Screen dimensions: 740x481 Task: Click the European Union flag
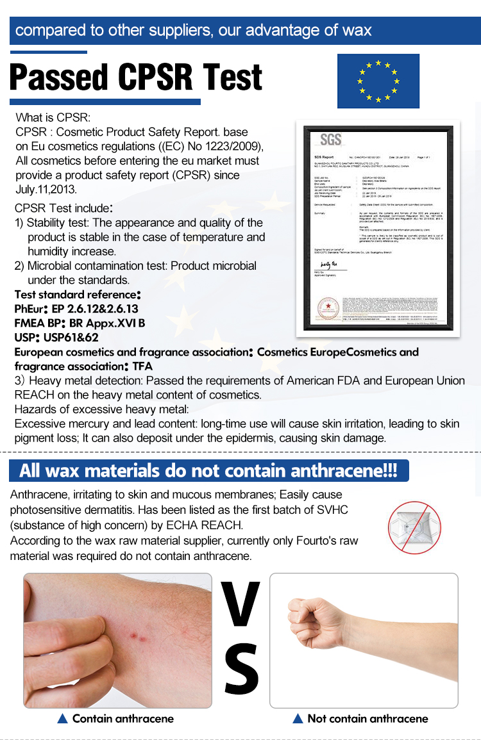[x=378, y=81]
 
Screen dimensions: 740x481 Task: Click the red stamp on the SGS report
[x=325, y=308]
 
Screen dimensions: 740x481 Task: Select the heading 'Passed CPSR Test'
[x=136, y=78]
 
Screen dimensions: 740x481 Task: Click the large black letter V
[x=240, y=604]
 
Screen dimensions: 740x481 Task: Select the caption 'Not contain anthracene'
[x=367, y=718]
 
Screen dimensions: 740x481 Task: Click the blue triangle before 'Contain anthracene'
[x=63, y=719]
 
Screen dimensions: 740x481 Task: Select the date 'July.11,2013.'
[x=46, y=189]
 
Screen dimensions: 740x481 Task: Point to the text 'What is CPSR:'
[x=54, y=117]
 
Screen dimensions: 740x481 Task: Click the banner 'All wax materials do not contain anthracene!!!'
[x=208, y=471]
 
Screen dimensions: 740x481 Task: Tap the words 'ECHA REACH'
[x=213, y=525]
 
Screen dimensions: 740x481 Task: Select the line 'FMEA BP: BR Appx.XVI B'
[x=80, y=323]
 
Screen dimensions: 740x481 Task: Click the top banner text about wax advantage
[x=193, y=30]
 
